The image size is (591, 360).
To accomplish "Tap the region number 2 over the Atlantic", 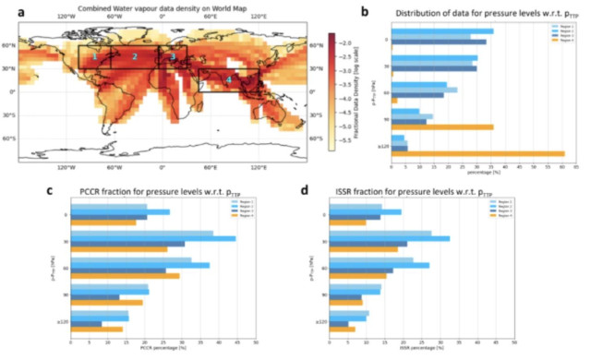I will pyautogui.click(x=135, y=57).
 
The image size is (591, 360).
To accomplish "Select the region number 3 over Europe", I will pyautogui.click(x=172, y=57).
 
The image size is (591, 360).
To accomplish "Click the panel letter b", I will pyautogui.click(x=367, y=12).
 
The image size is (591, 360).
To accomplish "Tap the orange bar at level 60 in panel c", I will pyautogui.click(x=125, y=275).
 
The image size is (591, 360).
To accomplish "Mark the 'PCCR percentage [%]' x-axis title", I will pyautogui.click(x=163, y=349).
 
